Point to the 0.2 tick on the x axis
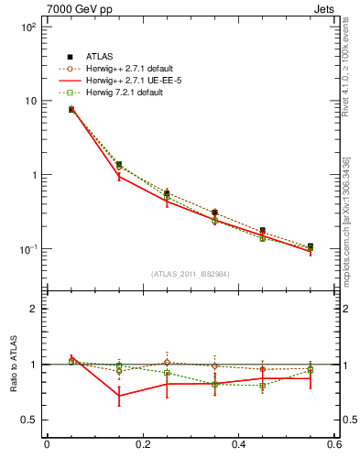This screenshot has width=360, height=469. pos(142,445)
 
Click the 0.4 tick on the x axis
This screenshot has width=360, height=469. pos(239,445)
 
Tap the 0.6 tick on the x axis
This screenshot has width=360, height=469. pos(335,445)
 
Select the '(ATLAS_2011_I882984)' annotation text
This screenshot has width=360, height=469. pos(191,274)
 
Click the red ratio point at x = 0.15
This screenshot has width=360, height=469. pos(119,396)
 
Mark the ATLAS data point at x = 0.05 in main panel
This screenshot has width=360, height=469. pos(71,109)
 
